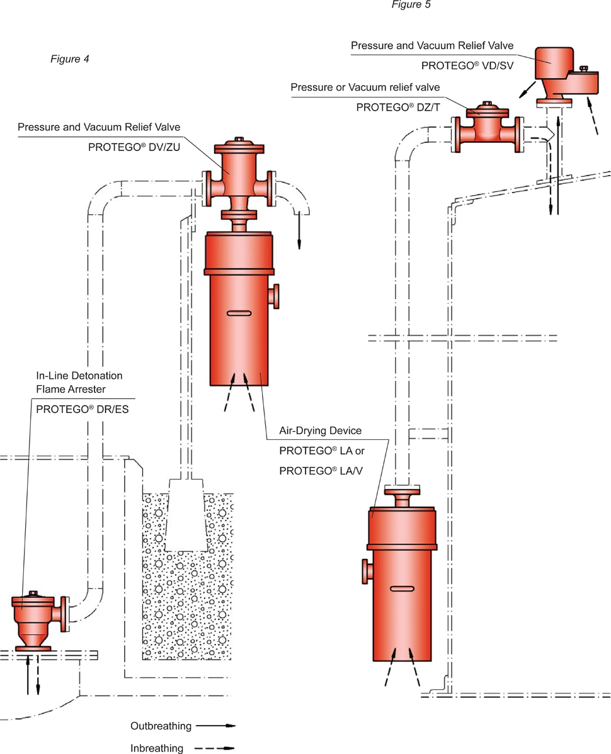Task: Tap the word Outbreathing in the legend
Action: [161, 726]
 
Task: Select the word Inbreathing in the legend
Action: [157, 748]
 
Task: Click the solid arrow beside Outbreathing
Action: [215, 726]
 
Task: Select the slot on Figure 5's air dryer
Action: [402, 588]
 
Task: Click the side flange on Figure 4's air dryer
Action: [274, 295]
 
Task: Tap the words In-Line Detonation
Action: [79, 376]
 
